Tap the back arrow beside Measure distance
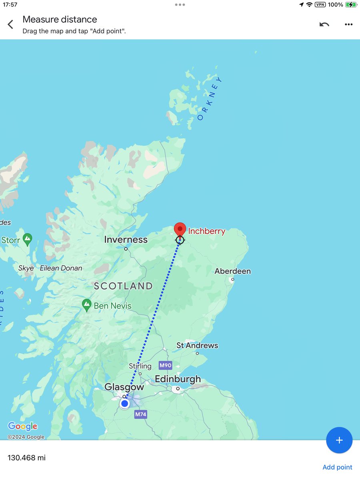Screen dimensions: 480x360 point(10,24)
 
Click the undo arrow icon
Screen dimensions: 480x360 point(324,24)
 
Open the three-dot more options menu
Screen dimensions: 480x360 point(348,24)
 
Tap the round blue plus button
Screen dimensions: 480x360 point(339,440)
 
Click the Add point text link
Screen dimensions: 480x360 point(337,467)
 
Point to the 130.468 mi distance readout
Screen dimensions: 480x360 point(26,458)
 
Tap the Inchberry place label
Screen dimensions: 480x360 point(206,231)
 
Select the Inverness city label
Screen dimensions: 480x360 point(126,240)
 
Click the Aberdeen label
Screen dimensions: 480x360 point(232,271)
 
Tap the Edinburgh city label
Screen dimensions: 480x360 point(178,379)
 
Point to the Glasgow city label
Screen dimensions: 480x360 point(124,387)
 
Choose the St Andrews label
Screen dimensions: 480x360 point(197,345)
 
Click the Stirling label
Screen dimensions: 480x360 point(140,366)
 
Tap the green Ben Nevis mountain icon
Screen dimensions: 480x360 point(86,305)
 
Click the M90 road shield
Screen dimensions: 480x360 point(165,365)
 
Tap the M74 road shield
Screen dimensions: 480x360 point(140,414)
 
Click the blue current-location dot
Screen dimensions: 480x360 point(125,404)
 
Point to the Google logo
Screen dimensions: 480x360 point(22,426)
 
